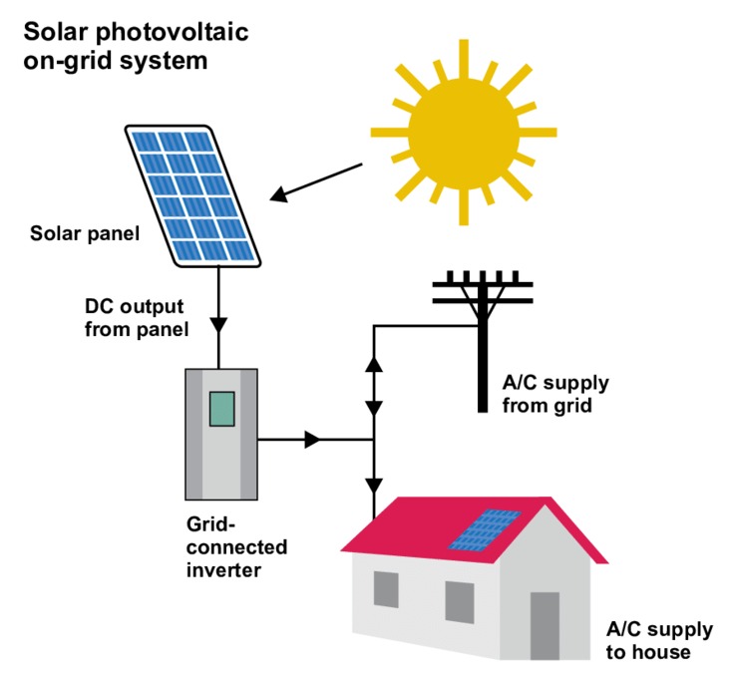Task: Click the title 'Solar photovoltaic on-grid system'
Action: pos(136,46)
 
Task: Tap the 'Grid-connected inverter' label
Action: pos(236,546)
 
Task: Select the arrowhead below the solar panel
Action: pos(220,326)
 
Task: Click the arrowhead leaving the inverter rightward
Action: pos(312,439)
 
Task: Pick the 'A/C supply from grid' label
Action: pos(555,394)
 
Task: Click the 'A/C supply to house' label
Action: pos(659,640)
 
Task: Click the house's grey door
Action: pos(545,625)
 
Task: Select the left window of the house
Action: pos(386,589)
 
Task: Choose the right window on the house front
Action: pos(459,602)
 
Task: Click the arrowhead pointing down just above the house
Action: pos(374,486)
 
